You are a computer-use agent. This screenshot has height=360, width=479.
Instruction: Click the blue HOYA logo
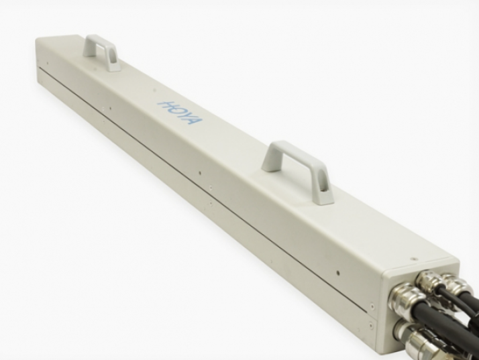pyautogui.click(x=180, y=112)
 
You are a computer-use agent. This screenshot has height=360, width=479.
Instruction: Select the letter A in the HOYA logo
pyautogui.click(x=195, y=120)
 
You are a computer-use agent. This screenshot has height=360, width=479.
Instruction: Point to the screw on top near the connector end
pyautogui.click(x=414, y=258)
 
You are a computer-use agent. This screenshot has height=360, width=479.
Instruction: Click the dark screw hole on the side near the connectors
pyautogui.click(x=338, y=273)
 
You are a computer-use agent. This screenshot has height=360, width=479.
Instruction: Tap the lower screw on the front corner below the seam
pyautogui.click(x=371, y=318)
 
